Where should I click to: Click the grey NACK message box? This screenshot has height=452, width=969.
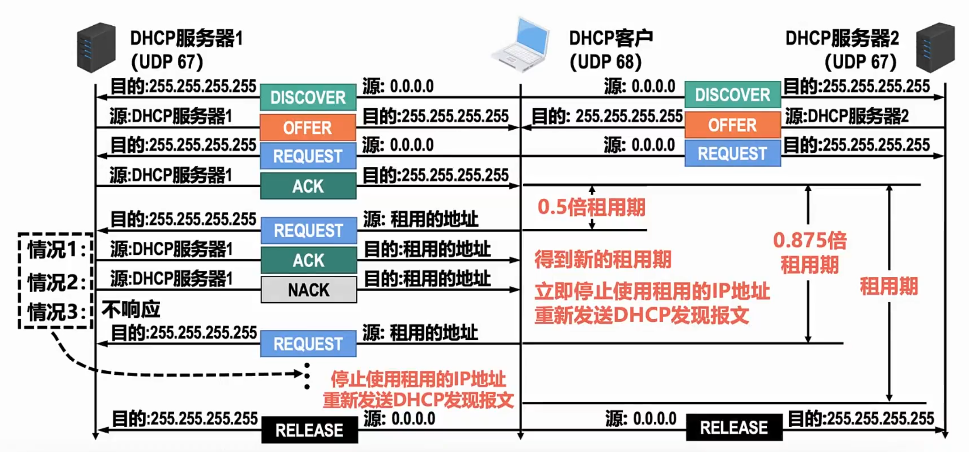pyautogui.click(x=309, y=290)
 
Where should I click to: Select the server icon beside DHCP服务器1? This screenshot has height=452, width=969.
pyautogui.click(x=96, y=47)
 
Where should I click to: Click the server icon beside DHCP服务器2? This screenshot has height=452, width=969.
pyautogui.click(x=935, y=47)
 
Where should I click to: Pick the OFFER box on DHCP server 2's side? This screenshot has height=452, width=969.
pyautogui.click(x=732, y=125)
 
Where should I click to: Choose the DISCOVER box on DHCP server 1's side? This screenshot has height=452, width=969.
pyautogui.click(x=308, y=97)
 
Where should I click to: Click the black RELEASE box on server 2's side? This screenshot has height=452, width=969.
pyautogui.click(x=734, y=428)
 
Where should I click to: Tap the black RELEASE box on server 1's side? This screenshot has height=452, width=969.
pyautogui.click(x=309, y=430)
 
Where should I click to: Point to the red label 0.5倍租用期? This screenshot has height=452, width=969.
pyautogui.click(x=591, y=207)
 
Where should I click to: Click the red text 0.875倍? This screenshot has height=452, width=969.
pyautogui.click(x=810, y=240)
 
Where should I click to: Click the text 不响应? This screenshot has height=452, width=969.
pyautogui.click(x=131, y=310)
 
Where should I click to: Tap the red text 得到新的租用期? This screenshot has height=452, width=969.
pyautogui.click(x=603, y=259)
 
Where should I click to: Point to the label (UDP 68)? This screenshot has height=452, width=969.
pyautogui.click(x=605, y=62)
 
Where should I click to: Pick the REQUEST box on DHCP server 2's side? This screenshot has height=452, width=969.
pyautogui.click(x=732, y=153)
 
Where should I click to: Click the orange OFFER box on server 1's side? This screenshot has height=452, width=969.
pyautogui.click(x=308, y=128)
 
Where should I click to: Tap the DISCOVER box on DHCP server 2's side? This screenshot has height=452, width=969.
pyautogui.click(x=732, y=95)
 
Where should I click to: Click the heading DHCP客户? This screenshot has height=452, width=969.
pyautogui.click(x=610, y=38)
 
